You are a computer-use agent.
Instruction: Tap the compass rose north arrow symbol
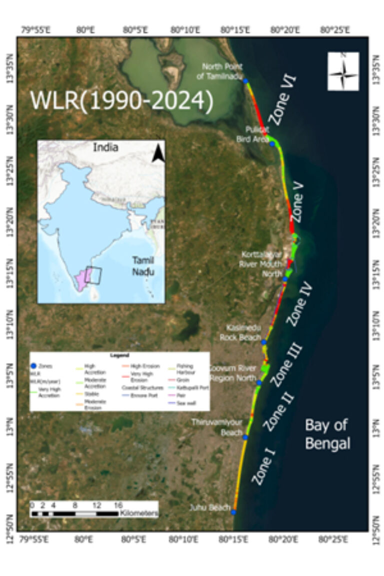(x=343, y=71)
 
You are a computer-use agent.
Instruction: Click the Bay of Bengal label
(x=327, y=434)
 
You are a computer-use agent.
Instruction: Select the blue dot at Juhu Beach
(x=233, y=511)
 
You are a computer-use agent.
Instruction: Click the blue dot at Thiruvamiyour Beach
(x=245, y=437)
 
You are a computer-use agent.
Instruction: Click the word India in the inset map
(x=105, y=147)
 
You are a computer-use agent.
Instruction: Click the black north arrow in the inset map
(x=158, y=152)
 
